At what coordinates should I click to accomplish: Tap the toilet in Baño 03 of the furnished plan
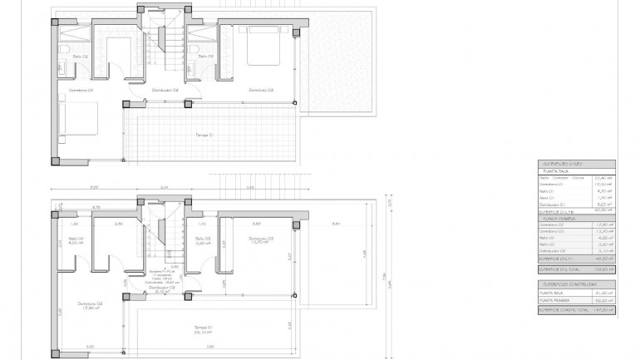click(x=193, y=48)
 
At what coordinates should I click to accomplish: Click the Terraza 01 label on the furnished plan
click(x=204, y=135)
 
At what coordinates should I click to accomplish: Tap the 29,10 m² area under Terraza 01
click(x=204, y=332)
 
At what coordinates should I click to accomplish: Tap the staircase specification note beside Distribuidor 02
click(x=164, y=276)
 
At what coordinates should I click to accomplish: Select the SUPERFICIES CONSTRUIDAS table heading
click(x=564, y=284)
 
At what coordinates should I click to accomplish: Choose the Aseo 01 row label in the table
click(x=547, y=198)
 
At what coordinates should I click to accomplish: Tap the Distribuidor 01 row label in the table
click(x=552, y=205)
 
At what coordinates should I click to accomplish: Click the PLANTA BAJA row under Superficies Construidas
click(x=553, y=293)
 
